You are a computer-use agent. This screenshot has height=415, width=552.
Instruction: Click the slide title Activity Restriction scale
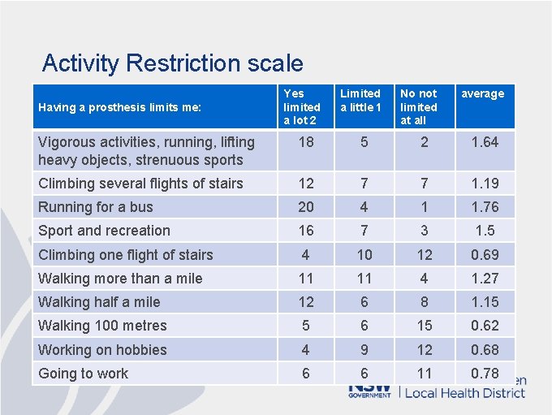point(172,63)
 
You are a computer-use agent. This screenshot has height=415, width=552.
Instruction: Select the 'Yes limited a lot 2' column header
point(302,106)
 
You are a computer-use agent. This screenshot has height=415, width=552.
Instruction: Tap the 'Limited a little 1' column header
point(360,100)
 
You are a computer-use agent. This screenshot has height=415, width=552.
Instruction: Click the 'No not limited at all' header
point(419,106)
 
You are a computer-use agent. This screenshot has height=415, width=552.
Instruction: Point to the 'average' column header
point(483,93)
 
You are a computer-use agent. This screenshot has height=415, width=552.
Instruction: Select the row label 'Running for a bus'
point(96,207)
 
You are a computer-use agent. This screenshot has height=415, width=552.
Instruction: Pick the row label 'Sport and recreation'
point(105,231)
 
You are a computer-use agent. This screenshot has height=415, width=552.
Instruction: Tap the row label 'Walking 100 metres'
point(102,326)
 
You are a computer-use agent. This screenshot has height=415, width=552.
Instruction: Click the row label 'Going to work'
point(84,374)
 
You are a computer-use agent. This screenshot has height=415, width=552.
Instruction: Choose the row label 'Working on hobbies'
point(102,350)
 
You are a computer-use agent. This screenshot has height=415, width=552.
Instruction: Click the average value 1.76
point(485,207)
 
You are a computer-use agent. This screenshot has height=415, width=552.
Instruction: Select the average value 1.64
point(485,142)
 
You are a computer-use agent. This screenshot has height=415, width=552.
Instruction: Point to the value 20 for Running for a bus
point(305,207)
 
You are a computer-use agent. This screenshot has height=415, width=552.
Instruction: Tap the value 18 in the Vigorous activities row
point(305,142)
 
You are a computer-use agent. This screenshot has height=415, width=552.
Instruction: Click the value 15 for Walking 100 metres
point(425,326)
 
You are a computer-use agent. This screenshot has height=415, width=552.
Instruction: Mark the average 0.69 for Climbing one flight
point(485,255)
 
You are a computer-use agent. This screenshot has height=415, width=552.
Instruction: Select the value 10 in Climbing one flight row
point(364,255)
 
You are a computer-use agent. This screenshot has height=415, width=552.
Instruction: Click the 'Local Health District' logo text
point(464,393)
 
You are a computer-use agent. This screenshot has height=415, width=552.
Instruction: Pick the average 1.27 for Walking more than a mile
point(485,279)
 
